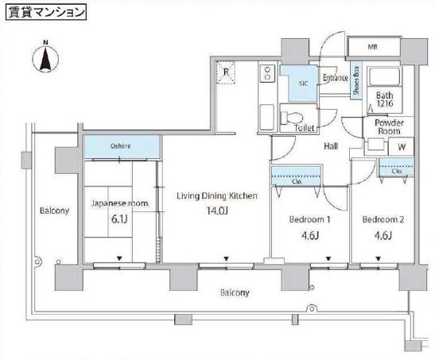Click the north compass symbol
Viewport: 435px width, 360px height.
click(x=45, y=57)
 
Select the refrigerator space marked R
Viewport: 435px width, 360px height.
click(x=226, y=72)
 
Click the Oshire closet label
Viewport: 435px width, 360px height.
click(x=121, y=145)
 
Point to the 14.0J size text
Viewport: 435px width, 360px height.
click(x=217, y=211)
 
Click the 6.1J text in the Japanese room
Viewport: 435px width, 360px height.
click(x=119, y=219)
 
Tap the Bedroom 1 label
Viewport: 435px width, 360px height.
click(x=309, y=219)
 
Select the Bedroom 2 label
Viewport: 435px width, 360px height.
click(x=383, y=219)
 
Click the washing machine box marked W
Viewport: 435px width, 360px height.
click(x=401, y=146)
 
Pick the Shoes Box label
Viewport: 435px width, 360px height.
click(x=356, y=80)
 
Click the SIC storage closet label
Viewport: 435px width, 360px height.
click(x=303, y=83)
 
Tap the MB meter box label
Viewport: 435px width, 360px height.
click(x=372, y=47)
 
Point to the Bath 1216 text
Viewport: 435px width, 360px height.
click(x=385, y=99)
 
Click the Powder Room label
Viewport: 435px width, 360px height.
click(x=389, y=126)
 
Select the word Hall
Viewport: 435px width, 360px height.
click(x=331, y=146)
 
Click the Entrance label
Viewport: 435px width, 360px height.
click(x=336, y=78)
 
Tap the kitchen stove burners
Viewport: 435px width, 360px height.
click(x=267, y=73)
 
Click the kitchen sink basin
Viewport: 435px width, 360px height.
click(x=267, y=117)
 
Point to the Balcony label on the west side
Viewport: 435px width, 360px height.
click(x=54, y=211)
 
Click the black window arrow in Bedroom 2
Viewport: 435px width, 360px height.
click(x=378, y=259)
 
